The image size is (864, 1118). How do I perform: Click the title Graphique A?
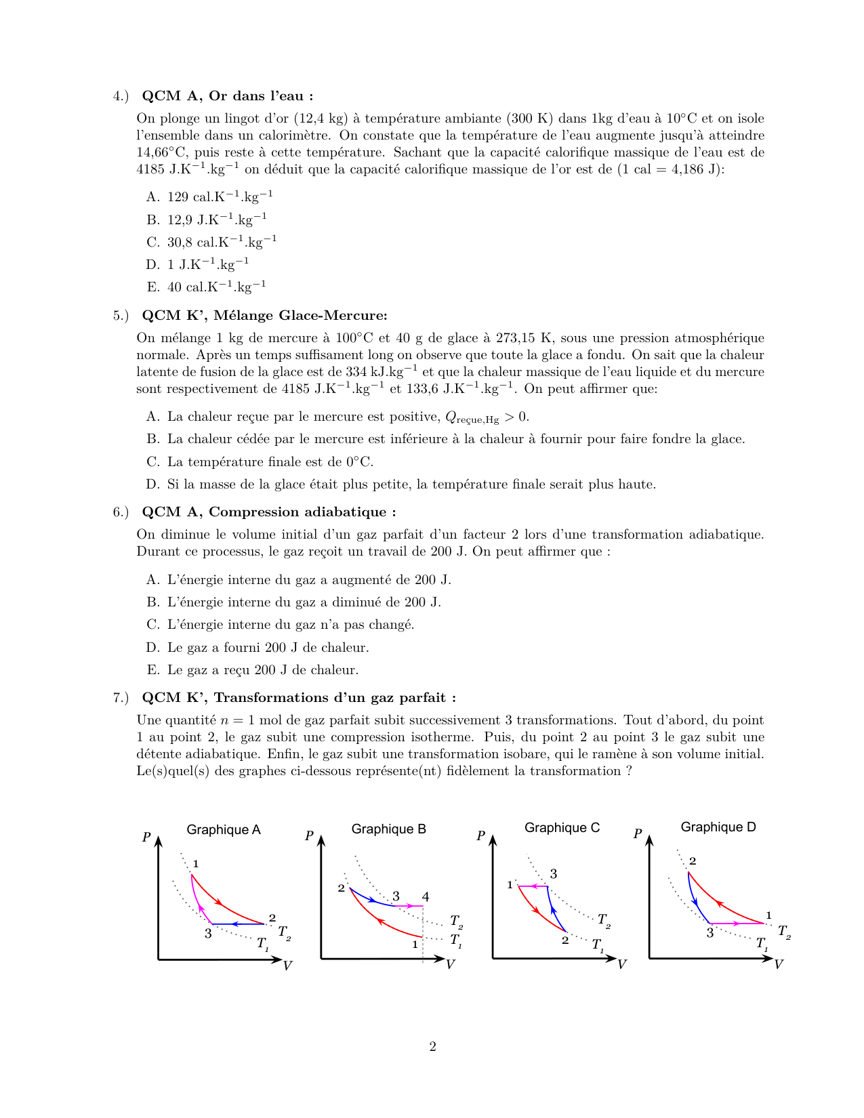pyautogui.click(x=223, y=830)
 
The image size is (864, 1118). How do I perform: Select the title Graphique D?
pyautogui.click(x=718, y=827)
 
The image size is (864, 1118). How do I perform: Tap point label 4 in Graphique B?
pyautogui.click(x=426, y=897)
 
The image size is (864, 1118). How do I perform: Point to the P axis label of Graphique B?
pyautogui.click(x=309, y=835)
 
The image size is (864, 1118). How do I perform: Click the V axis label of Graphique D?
pyautogui.click(x=778, y=964)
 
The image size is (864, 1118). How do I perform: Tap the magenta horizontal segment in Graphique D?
pyautogui.click(x=737, y=924)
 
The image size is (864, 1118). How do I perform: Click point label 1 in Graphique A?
pyautogui.click(x=196, y=864)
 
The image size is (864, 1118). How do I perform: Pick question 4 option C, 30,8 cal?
pyautogui.click(x=222, y=242)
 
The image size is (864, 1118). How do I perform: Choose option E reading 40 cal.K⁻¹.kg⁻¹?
pyautogui.click(x=216, y=287)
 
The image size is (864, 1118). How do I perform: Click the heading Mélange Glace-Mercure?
pyautogui.click(x=300, y=315)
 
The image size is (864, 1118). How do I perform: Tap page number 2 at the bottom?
pyautogui.click(x=432, y=1047)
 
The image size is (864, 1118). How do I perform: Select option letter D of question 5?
pyautogui.click(x=152, y=484)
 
